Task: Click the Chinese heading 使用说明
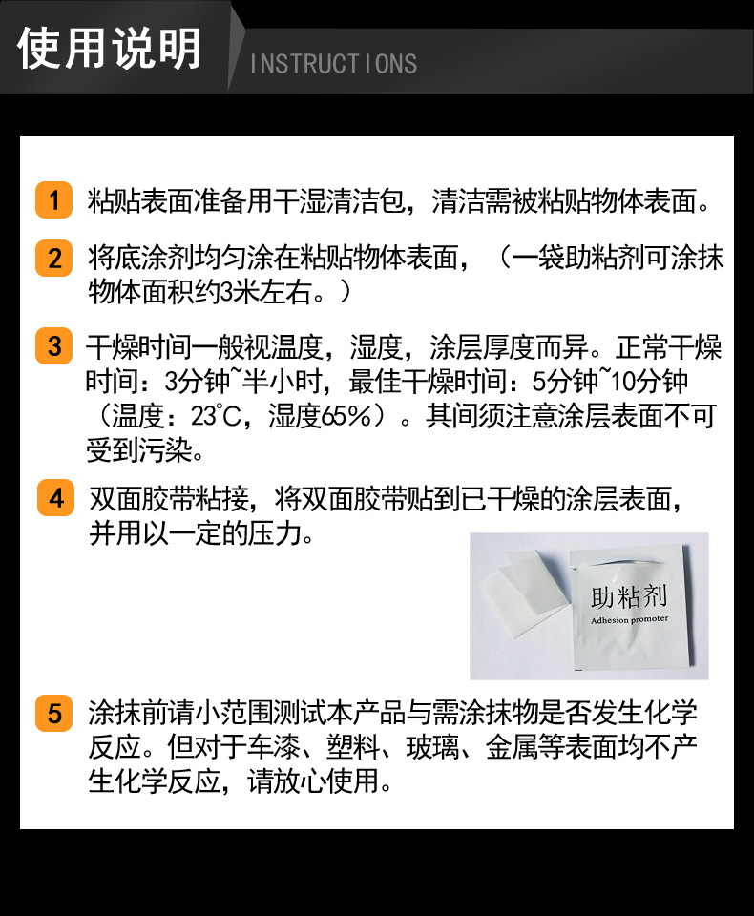pyautogui.click(x=110, y=49)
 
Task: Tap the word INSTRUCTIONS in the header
pyautogui.click(x=334, y=64)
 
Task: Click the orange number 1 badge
pyautogui.click(x=53, y=199)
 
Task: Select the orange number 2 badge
pyautogui.click(x=53, y=258)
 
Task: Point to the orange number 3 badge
pyautogui.click(x=53, y=345)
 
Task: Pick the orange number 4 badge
pyautogui.click(x=56, y=498)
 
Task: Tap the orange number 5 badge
pyautogui.click(x=53, y=713)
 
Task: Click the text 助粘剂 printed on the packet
pyautogui.click(x=628, y=596)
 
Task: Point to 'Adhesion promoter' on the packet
pyautogui.click(x=629, y=619)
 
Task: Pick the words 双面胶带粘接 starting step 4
pyautogui.click(x=169, y=499)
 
